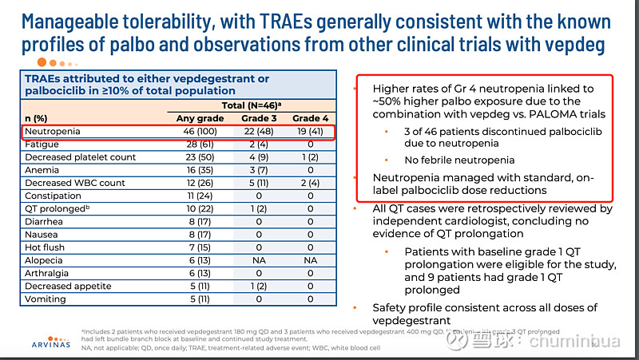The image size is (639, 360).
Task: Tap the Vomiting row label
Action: click(x=46, y=299)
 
